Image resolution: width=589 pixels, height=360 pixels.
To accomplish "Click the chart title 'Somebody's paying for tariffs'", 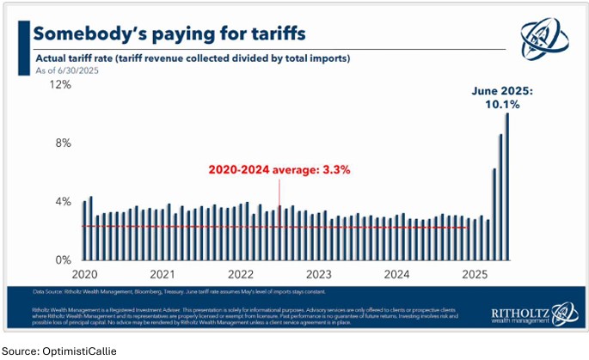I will coord(169,34).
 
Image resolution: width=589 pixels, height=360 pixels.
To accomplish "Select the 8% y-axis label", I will coord(62,143).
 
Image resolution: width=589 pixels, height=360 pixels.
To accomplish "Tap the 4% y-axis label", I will coord(62,202).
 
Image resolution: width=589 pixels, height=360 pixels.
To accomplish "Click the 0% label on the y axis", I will coord(62,259).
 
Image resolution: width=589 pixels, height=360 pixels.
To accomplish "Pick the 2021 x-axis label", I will coord(162,274).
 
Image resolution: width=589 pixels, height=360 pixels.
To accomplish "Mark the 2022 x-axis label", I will coord(241,274).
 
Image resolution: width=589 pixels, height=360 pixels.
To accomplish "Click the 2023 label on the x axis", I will coord(319,274).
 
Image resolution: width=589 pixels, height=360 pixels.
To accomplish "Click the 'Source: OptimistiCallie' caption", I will coord(54,351).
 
